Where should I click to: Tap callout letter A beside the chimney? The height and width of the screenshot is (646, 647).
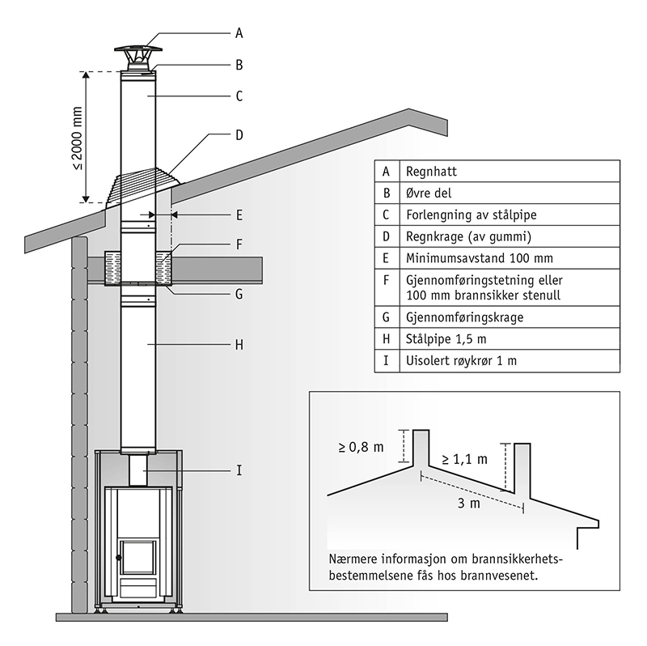(x=239, y=33)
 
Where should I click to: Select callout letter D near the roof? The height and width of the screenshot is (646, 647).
(x=239, y=135)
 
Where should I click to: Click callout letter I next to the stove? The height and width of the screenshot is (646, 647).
(x=239, y=470)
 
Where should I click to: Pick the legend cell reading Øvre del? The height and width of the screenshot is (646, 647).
(x=426, y=193)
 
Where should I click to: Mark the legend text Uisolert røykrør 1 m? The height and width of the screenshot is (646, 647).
(x=460, y=360)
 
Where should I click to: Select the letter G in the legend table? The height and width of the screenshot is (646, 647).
(x=387, y=317)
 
